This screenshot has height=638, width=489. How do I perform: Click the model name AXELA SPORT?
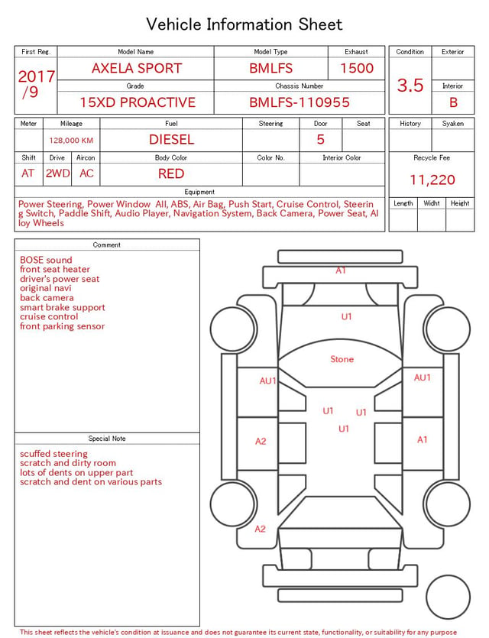[137, 68]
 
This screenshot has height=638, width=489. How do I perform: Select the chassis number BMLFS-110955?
[300, 102]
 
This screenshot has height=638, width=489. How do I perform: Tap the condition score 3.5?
[410, 86]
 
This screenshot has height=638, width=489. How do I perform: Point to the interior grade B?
[453, 102]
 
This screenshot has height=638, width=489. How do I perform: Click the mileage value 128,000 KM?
[71, 141]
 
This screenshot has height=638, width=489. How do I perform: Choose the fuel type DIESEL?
[171, 140]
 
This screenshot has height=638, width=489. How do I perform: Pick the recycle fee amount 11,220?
[432, 180]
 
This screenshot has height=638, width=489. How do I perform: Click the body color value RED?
[171, 174]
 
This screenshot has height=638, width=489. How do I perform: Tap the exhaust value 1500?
[357, 68]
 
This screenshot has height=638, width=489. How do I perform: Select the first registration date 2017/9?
[36, 84]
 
